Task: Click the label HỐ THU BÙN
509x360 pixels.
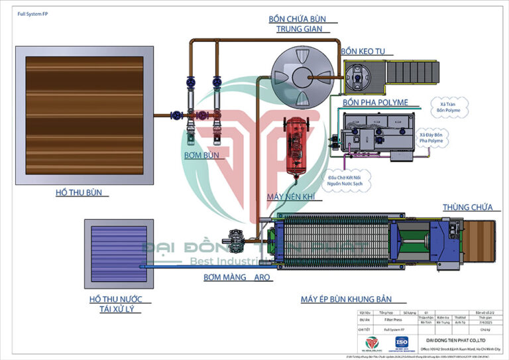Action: (x=82, y=194)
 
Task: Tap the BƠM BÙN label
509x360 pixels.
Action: (x=201, y=154)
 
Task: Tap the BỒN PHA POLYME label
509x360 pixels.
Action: (x=375, y=103)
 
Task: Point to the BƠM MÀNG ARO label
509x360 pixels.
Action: (x=237, y=278)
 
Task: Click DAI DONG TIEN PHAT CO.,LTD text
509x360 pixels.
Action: (x=458, y=339)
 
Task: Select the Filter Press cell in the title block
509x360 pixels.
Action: (x=393, y=319)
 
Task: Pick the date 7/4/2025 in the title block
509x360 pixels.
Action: (x=486, y=319)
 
